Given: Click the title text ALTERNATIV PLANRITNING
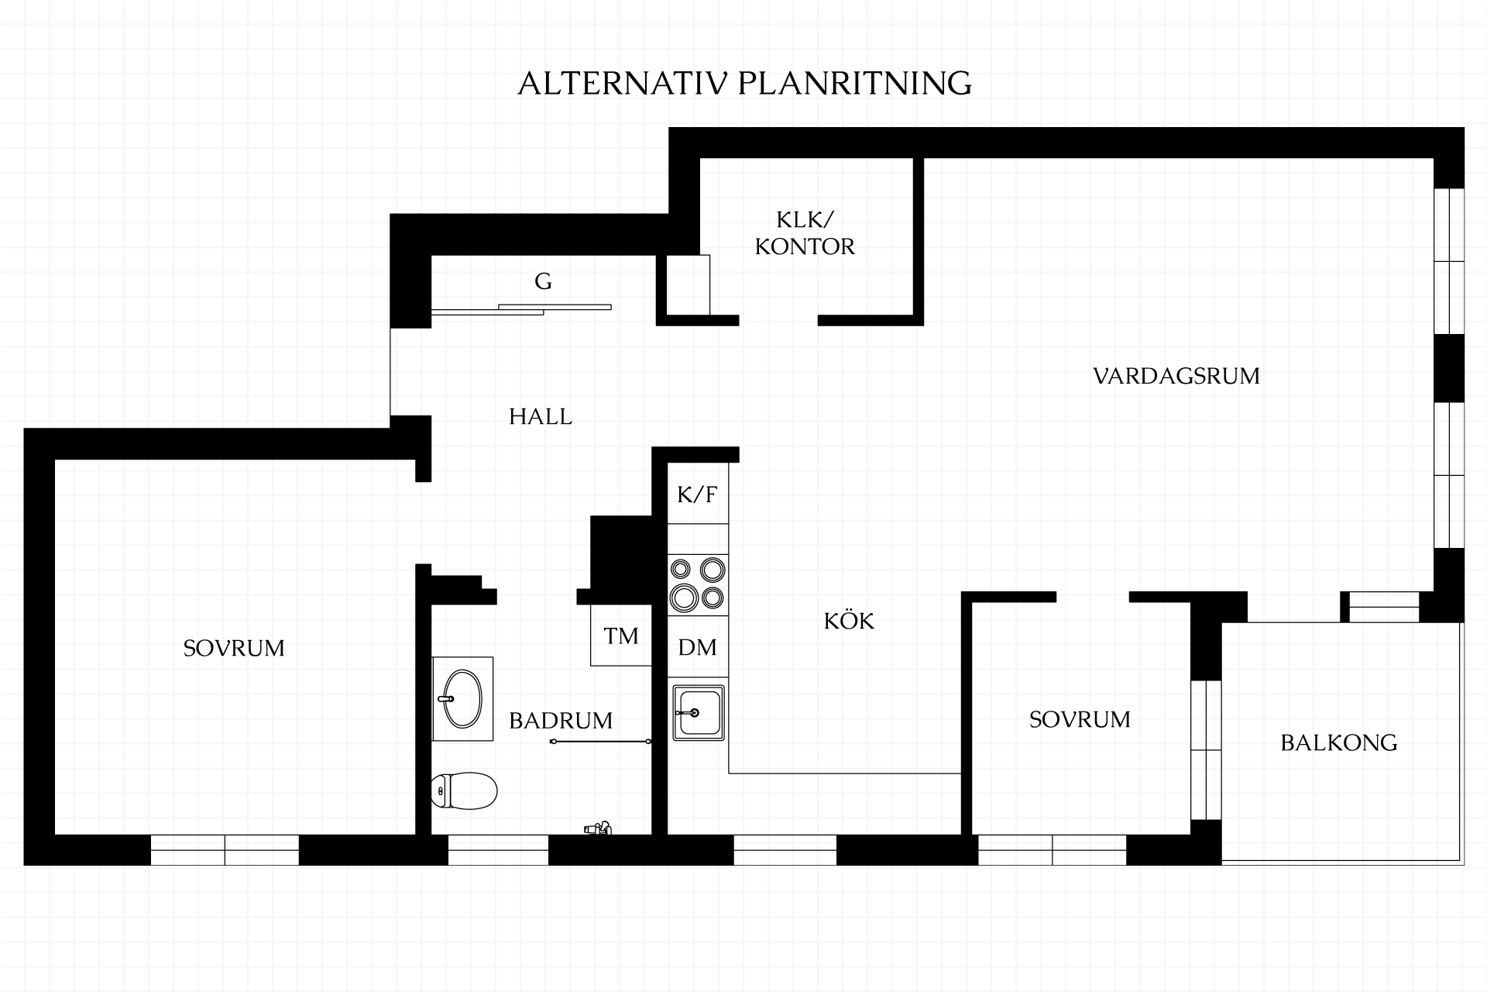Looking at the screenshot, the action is (744, 84).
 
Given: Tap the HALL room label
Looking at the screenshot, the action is (541, 417).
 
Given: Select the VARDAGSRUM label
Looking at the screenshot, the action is (1176, 377).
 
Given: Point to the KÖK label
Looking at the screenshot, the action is (849, 620).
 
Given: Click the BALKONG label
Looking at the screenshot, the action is (1339, 743).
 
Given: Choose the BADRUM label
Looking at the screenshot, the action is (561, 721).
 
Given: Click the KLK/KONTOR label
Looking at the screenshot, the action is (805, 232).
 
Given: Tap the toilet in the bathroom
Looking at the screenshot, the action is (464, 790).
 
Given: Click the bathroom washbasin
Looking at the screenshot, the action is (462, 699).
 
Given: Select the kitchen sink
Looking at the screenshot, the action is (699, 712).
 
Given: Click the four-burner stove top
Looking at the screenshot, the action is (698, 584).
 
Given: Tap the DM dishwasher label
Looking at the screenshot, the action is (698, 648).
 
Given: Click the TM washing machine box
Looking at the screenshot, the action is (621, 635).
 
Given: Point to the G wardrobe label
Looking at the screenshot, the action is (543, 281).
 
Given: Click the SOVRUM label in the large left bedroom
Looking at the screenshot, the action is (234, 648).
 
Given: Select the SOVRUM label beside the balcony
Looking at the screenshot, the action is (1080, 720).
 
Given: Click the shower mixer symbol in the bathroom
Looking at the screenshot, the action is (598, 828).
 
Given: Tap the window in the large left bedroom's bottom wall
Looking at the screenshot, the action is (225, 850).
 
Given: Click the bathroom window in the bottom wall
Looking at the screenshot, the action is (498, 850).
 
